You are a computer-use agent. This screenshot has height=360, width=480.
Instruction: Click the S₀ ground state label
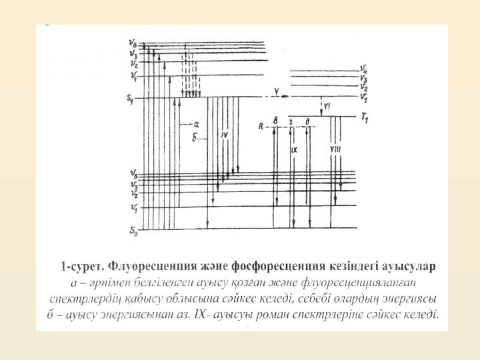[x=133, y=231]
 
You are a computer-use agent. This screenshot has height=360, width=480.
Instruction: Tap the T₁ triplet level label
[x=364, y=117]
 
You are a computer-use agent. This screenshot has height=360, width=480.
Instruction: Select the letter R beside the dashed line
[x=262, y=125]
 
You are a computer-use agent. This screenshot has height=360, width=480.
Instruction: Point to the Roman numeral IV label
[x=225, y=135]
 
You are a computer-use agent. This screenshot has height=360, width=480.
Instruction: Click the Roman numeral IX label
[x=293, y=150]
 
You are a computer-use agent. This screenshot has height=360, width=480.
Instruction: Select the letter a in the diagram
[x=196, y=123]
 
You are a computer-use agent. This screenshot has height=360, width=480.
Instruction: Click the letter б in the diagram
[x=194, y=138]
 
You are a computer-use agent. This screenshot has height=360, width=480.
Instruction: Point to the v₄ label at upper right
[x=363, y=68]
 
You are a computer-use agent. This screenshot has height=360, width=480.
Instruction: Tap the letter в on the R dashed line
[x=275, y=121]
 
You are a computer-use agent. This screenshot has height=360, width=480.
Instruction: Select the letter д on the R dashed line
[x=307, y=121]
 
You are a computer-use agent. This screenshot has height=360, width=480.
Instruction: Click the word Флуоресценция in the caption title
[x=148, y=267]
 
